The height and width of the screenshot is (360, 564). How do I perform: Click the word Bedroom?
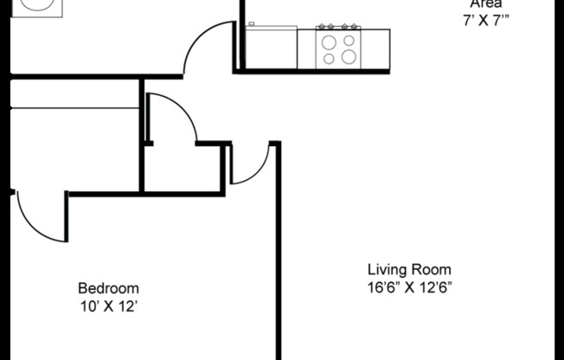[108, 288]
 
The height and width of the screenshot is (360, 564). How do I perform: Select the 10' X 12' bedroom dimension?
[108, 305]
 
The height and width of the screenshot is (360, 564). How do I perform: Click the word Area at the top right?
[486, 3]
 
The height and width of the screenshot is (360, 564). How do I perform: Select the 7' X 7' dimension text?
[486, 20]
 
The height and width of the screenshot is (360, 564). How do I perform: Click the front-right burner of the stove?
[349, 57]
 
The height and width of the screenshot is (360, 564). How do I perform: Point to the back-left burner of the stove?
[329, 40]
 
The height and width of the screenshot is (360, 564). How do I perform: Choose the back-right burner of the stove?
[348, 40]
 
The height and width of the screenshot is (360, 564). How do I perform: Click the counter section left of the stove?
[271, 48]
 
